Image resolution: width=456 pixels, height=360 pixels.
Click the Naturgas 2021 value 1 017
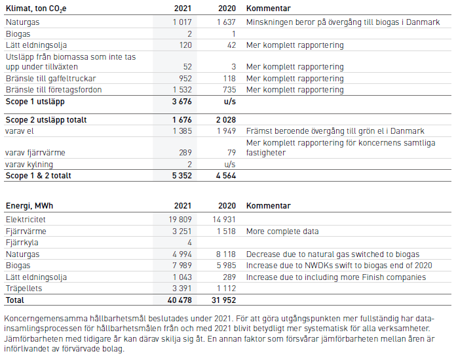click(182, 22)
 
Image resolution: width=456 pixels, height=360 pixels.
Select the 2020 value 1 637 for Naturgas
click(226, 22)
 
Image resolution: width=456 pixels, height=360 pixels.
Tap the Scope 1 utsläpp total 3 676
click(181, 102)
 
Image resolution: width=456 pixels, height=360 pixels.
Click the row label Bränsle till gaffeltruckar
click(51, 79)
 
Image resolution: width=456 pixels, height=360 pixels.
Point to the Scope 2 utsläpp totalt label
click(47, 120)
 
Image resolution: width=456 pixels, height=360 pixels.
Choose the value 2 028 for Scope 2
click(226, 120)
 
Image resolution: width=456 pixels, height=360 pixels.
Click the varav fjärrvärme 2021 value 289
click(185, 153)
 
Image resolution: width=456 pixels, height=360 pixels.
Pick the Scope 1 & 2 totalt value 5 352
click(181, 176)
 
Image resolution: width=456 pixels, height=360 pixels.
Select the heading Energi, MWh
click(29, 206)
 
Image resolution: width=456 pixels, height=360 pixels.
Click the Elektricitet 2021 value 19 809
click(180, 220)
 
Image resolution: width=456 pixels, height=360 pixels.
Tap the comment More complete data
click(282, 231)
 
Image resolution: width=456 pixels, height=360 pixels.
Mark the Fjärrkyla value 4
click(189, 243)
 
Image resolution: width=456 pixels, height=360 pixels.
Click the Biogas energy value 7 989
click(182, 266)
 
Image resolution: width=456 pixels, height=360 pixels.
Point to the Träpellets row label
click(24, 289)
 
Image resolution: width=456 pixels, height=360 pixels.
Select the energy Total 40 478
click(180, 300)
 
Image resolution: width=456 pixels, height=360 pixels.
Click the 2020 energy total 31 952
click(223, 300)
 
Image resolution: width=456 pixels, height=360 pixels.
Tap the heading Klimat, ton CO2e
click(36, 9)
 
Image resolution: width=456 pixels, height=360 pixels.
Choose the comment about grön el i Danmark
click(335, 131)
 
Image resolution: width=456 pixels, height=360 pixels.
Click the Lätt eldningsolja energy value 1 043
click(182, 277)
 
